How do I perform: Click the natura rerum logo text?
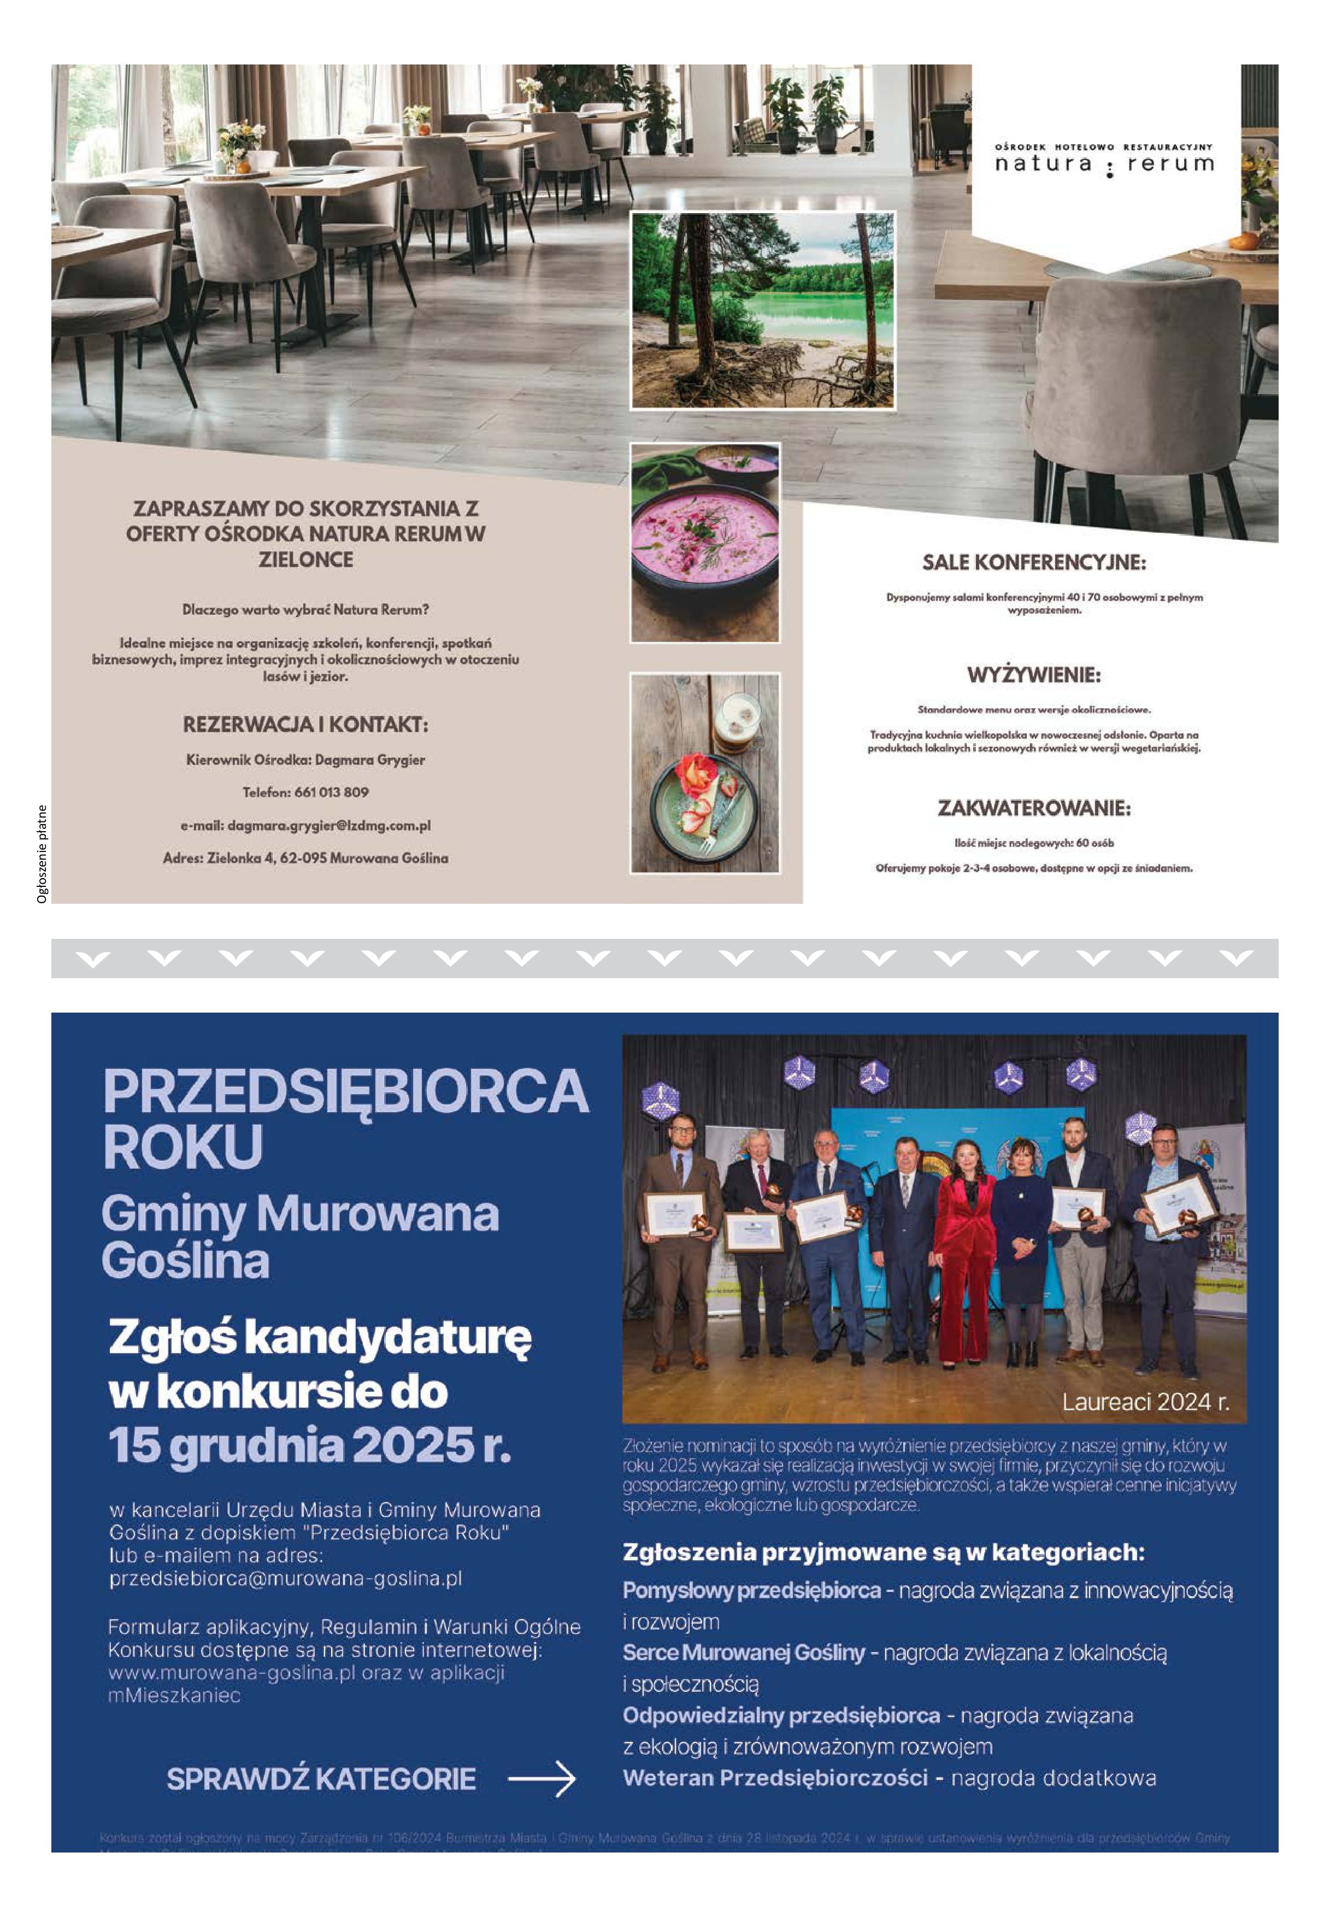1104,163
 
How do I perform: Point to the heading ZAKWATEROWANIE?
1034,808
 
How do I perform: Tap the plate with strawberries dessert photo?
704,773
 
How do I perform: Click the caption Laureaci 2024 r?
1145,1402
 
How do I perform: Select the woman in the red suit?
966,1250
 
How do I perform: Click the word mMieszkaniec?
174,1696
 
